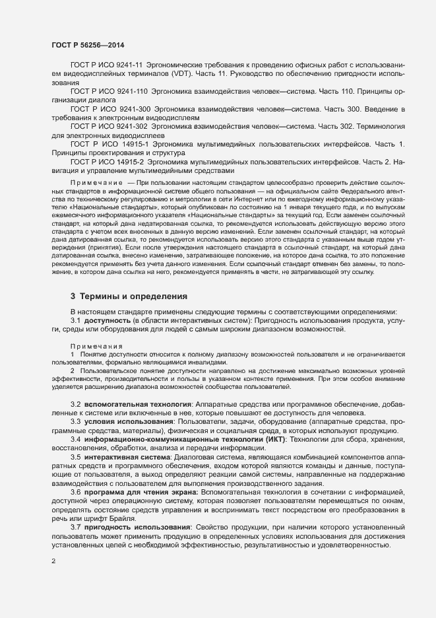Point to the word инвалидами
pos(206,362)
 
